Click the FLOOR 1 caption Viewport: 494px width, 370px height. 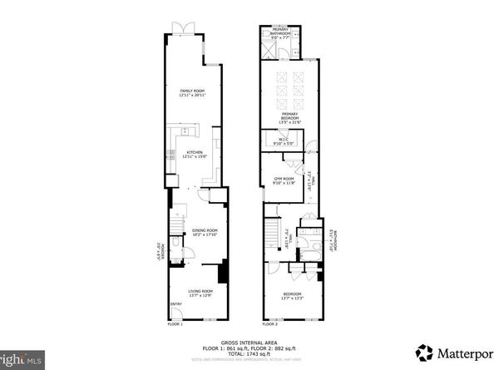point(175,324)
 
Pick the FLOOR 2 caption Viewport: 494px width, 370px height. point(270,324)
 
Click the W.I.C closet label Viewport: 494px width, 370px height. point(282,141)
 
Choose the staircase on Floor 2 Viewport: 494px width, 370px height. point(271,235)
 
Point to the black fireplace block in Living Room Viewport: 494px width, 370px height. point(222,272)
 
